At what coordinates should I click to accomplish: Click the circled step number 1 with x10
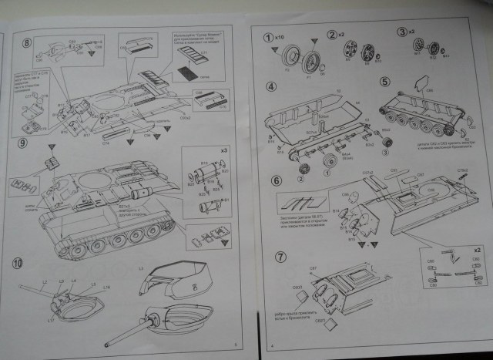click(x=269, y=37)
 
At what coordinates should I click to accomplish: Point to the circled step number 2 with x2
click(x=333, y=34)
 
